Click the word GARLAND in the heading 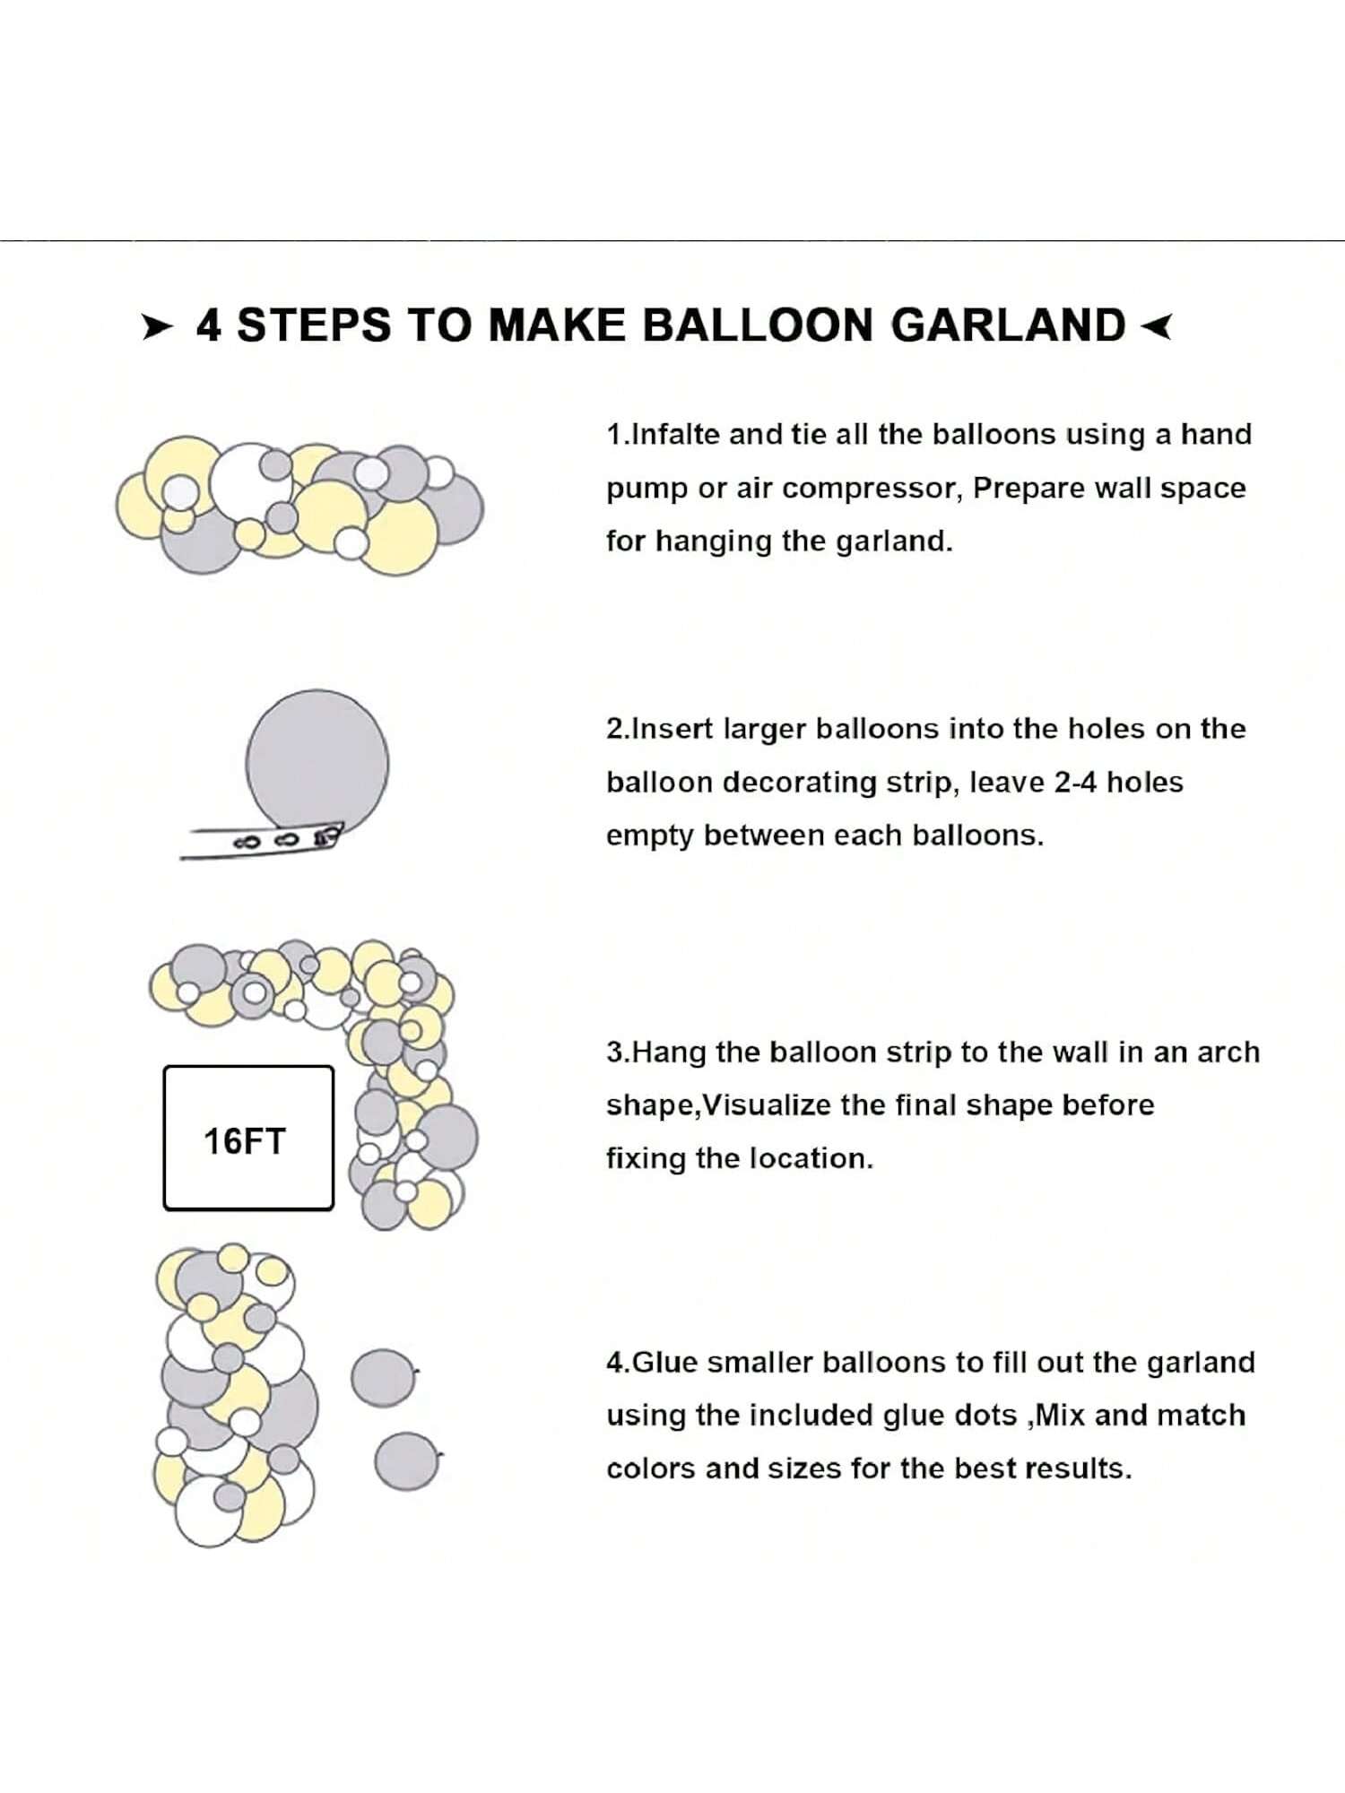point(1008,325)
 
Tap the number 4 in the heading point(208,325)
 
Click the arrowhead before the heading point(157,327)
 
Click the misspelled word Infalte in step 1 point(677,435)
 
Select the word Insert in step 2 point(673,729)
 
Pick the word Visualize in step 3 point(767,1105)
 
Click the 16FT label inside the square point(244,1142)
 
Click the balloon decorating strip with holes point(261,841)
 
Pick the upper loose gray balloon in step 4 point(383,1378)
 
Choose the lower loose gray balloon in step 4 point(407,1461)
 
